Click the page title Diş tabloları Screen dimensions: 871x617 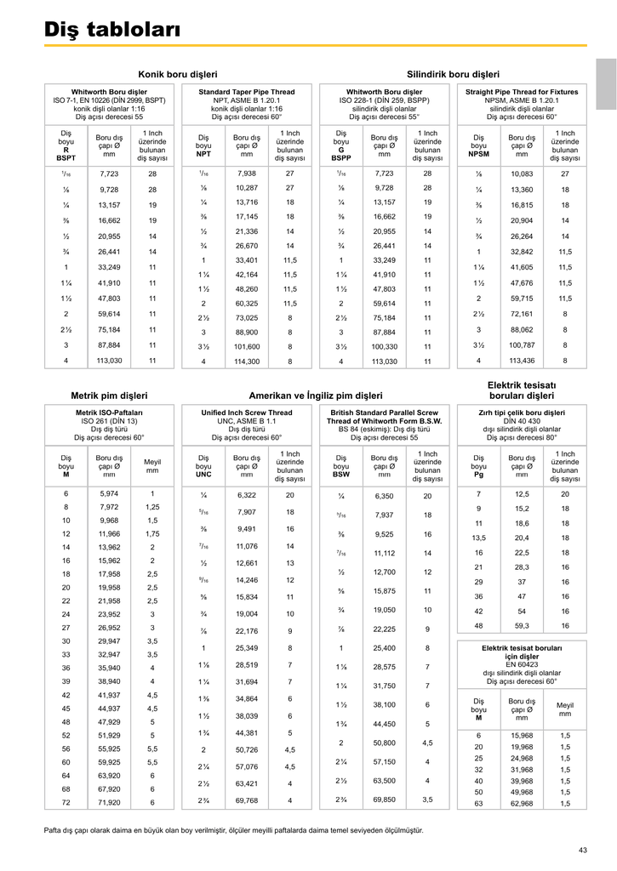pyautogui.click(x=112, y=30)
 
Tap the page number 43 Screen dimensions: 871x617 pyautogui.click(x=583, y=850)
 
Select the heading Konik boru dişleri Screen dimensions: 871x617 pyautogui.click(x=178, y=74)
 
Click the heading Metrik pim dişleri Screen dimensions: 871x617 pyautogui.click(x=109, y=396)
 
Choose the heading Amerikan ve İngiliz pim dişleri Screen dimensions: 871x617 pyautogui.click(x=316, y=396)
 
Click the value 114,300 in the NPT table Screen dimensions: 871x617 pyautogui.click(x=247, y=361)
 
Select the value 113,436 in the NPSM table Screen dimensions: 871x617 pyautogui.click(x=522, y=361)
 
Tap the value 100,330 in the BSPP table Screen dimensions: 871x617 pyautogui.click(x=384, y=346)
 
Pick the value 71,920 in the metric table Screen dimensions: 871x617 pyautogui.click(x=109, y=802)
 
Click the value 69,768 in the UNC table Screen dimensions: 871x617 pyautogui.click(x=246, y=800)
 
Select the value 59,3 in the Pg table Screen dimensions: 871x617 pyautogui.click(x=522, y=626)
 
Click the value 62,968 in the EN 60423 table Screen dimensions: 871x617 pyautogui.click(x=522, y=803)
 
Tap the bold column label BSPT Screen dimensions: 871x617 pyautogui.click(x=66, y=158)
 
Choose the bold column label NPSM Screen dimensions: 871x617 pyautogui.click(x=479, y=155)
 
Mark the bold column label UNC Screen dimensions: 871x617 pyautogui.click(x=203, y=475)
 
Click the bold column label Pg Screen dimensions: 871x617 pyautogui.click(x=479, y=475)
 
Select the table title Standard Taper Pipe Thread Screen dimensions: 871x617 pyautogui.click(x=247, y=91)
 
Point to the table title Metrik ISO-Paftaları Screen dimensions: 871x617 pyautogui.click(x=109, y=413)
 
